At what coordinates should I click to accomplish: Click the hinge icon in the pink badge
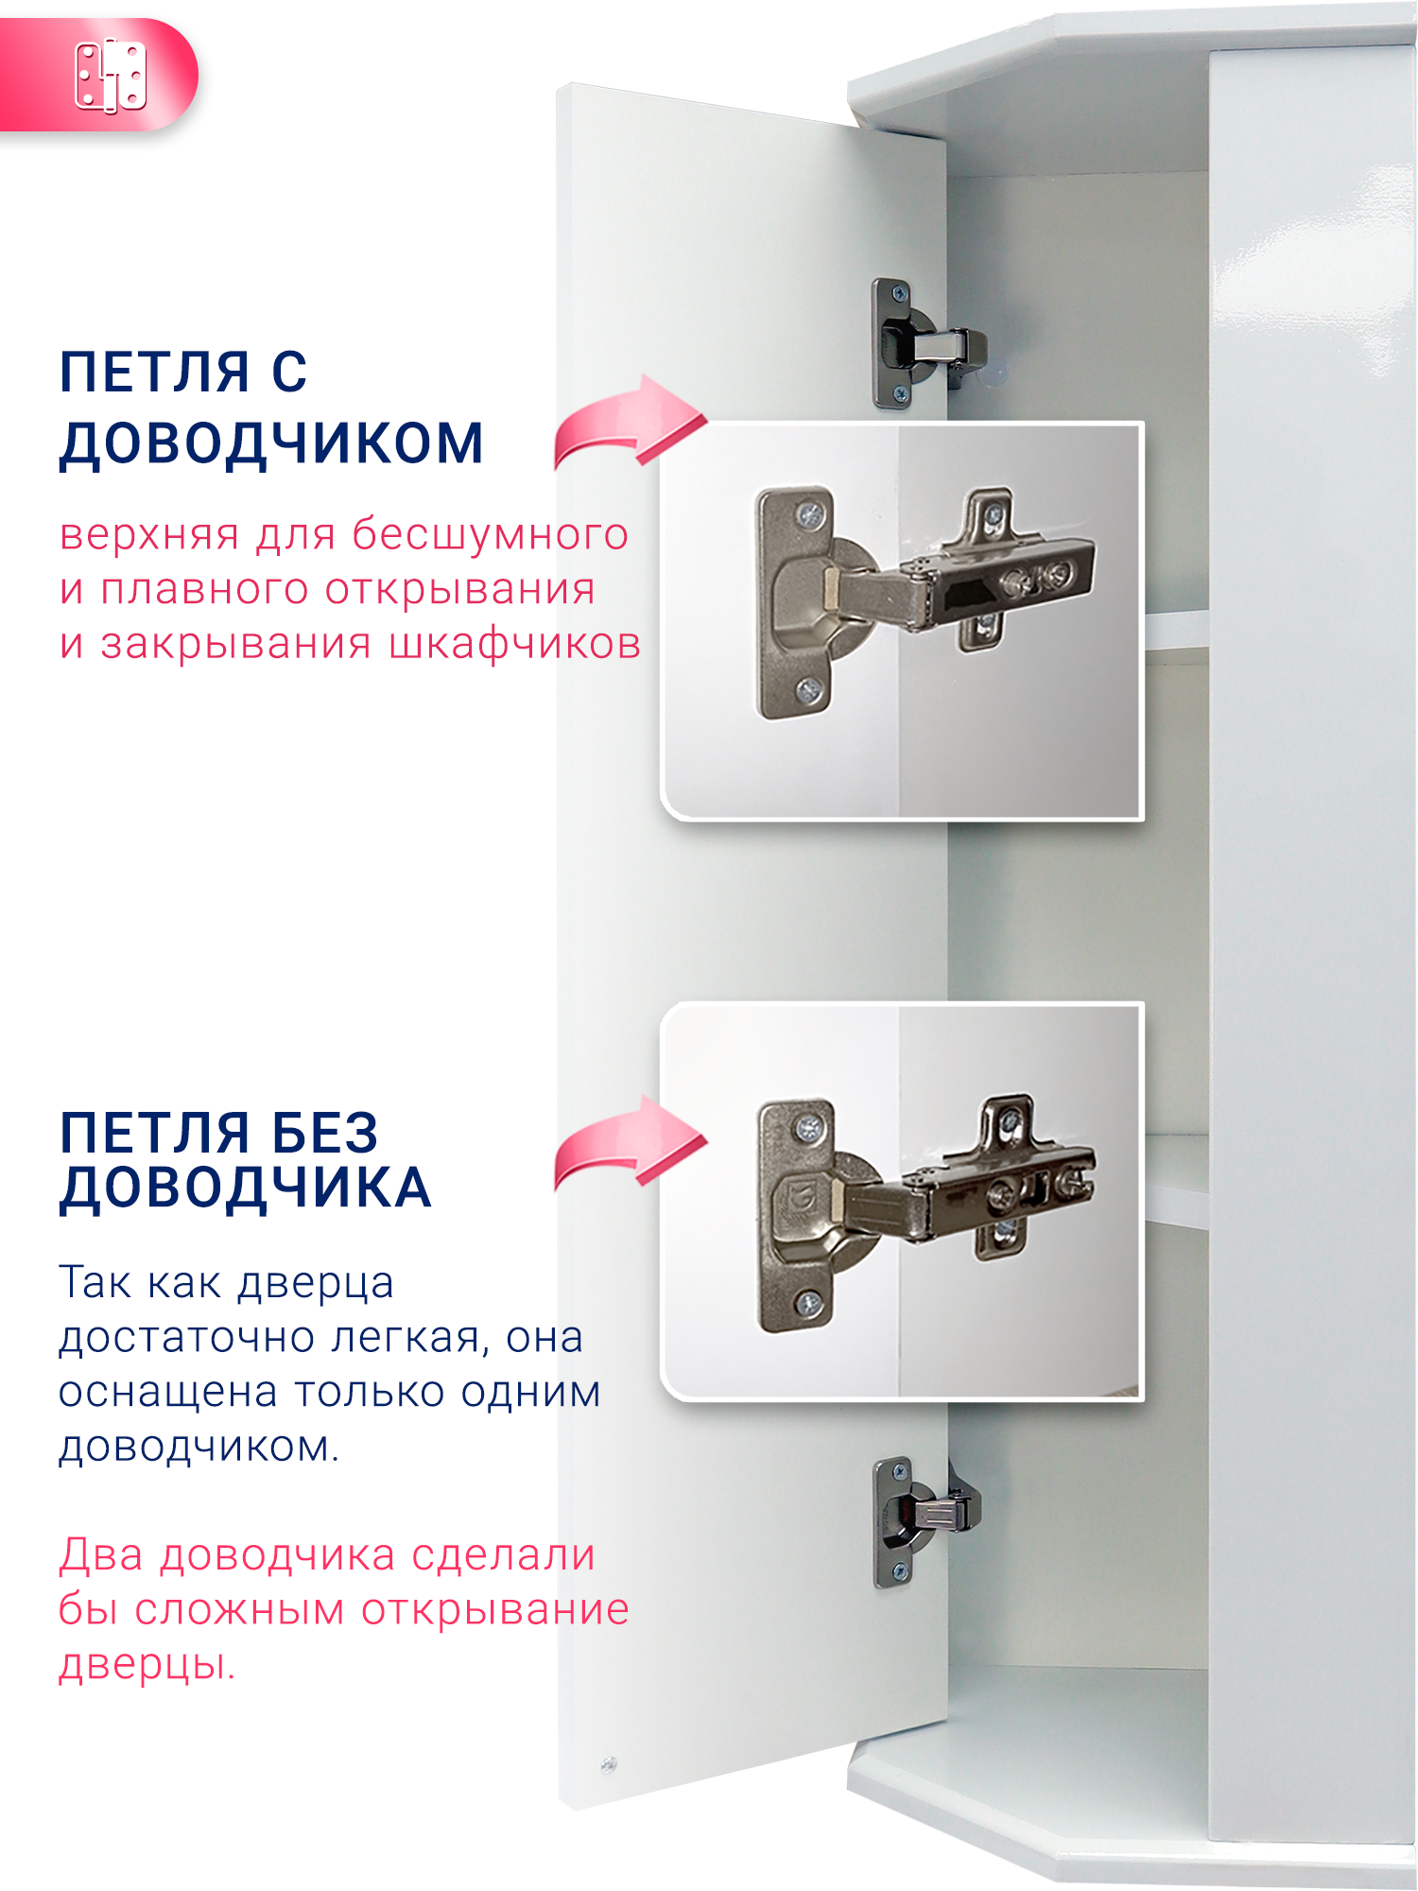click(111, 75)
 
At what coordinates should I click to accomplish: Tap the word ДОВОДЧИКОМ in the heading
click(271, 443)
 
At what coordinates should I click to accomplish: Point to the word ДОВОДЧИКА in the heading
click(245, 1188)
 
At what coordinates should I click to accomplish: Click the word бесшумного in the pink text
click(490, 535)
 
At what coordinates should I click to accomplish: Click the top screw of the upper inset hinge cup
click(810, 514)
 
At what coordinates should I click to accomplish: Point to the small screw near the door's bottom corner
click(609, 1764)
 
